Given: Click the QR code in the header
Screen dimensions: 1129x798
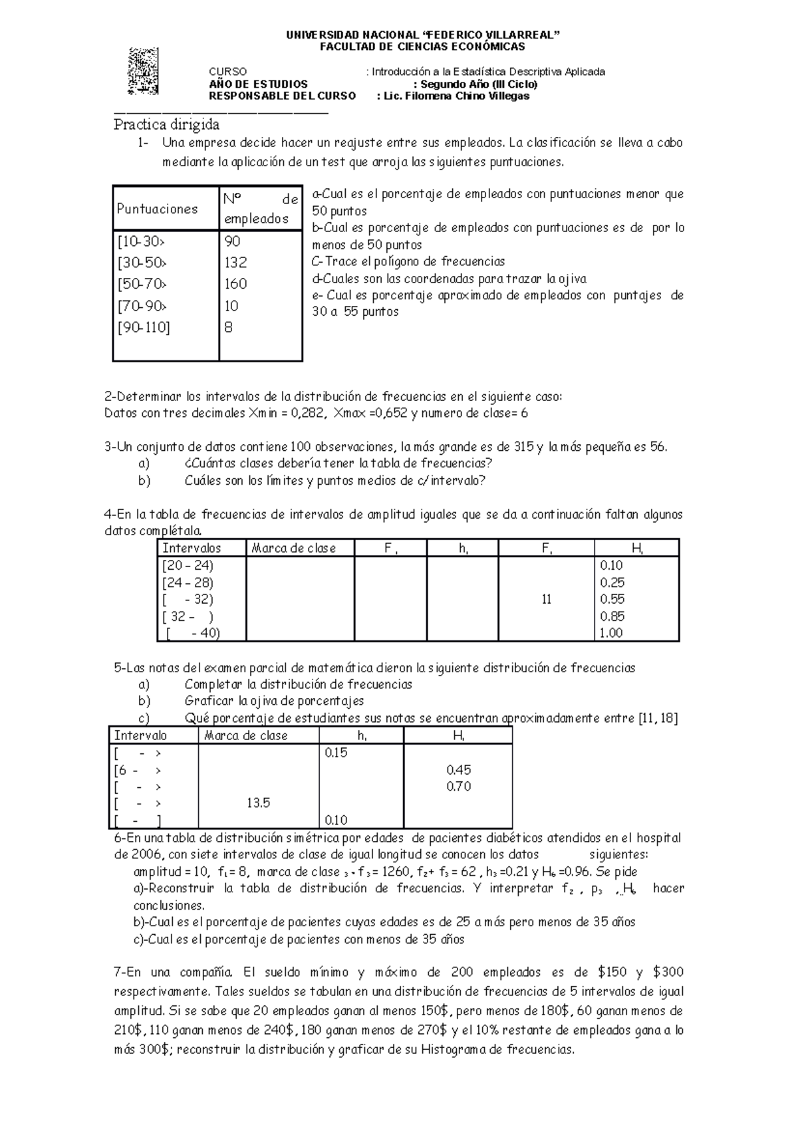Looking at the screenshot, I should (144, 71).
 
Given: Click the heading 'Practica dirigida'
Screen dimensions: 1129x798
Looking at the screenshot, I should (166, 124).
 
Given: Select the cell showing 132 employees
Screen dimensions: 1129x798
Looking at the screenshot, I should (236, 263).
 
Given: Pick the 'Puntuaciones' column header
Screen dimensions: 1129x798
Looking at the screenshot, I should (158, 209).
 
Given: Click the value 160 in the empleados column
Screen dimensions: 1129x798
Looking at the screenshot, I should (236, 284).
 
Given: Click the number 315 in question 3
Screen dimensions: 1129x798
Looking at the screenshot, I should (524, 447).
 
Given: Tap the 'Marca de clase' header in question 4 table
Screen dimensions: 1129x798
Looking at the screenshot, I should (293, 548).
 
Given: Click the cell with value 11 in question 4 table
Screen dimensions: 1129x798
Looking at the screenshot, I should (546, 600).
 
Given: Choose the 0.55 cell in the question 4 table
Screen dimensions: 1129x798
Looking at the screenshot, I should (612, 599).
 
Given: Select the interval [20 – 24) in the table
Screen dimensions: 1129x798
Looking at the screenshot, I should (188, 565).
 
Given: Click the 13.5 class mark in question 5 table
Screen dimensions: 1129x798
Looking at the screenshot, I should (258, 803).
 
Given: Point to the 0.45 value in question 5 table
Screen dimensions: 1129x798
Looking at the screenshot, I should (459, 770).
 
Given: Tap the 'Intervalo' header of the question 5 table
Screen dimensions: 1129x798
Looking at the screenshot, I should (140, 735).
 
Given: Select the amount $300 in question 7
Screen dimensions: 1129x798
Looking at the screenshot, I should (668, 973).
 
